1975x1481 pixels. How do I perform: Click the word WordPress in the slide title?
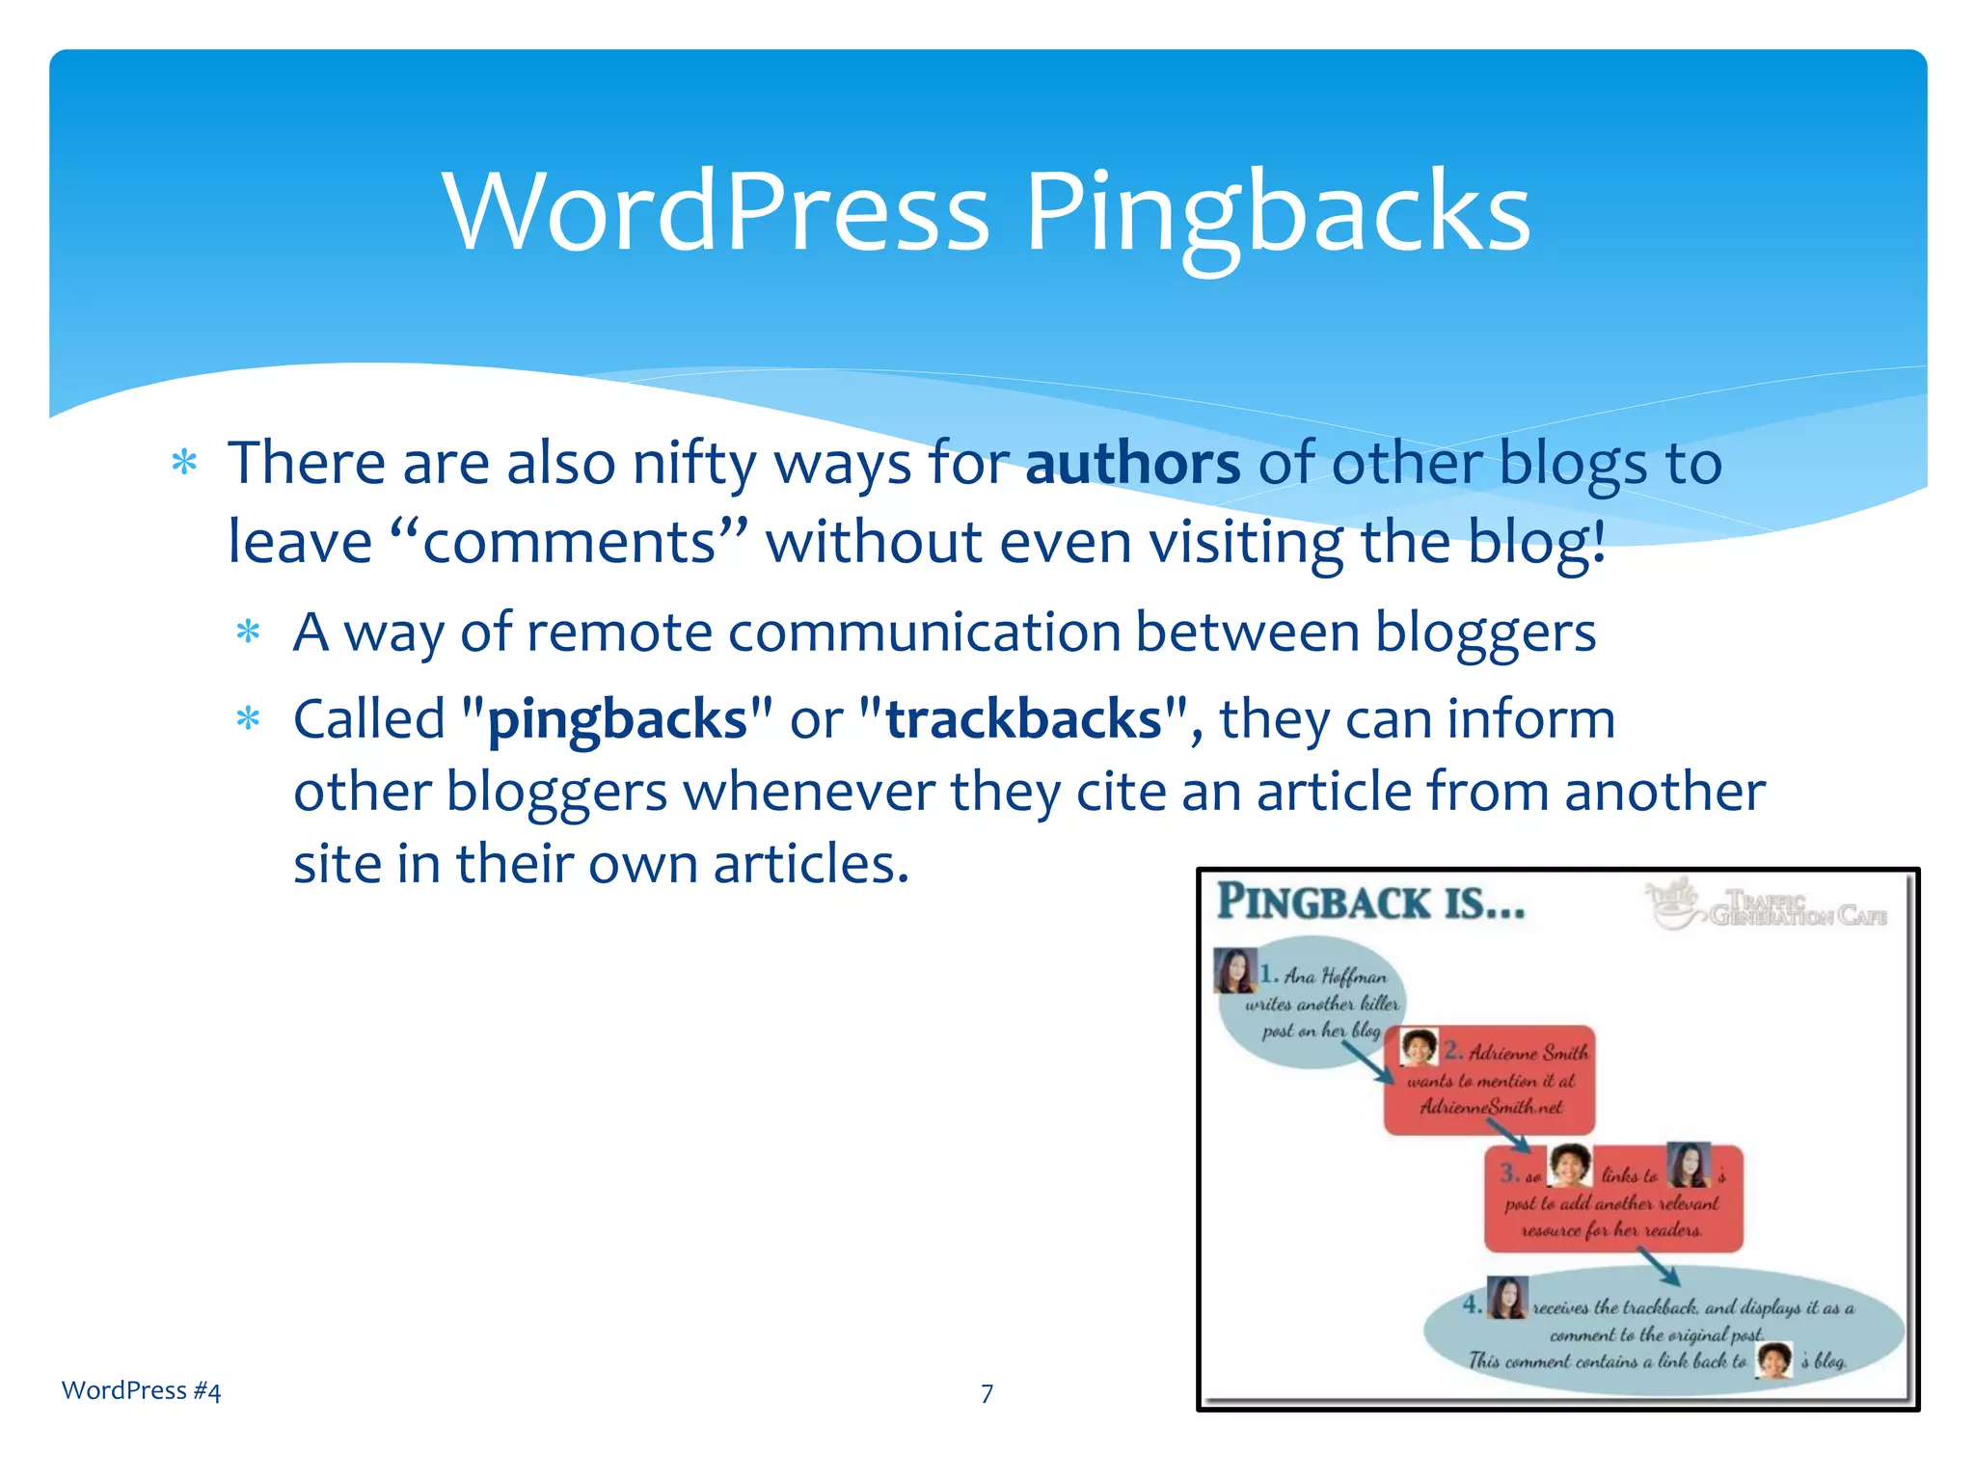(x=716, y=210)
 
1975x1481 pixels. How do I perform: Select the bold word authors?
(x=1132, y=464)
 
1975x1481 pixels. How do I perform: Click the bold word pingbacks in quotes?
(x=617, y=719)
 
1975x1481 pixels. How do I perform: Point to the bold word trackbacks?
(x=1023, y=719)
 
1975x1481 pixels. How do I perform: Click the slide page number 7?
(x=987, y=1393)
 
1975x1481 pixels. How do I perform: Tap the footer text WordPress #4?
(x=141, y=1390)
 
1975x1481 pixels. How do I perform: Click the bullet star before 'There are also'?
(x=184, y=463)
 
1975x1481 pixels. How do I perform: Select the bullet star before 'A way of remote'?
(x=249, y=633)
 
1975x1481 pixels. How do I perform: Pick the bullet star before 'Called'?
(x=249, y=719)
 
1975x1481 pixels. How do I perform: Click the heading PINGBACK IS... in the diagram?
(x=1370, y=902)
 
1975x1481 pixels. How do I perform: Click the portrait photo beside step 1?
(x=1234, y=970)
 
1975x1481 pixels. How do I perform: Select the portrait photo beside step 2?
(x=1419, y=1046)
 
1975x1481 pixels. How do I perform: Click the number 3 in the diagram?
(x=1509, y=1173)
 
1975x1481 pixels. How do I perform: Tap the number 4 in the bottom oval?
(x=1471, y=1305)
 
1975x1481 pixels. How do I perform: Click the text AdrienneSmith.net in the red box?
(x=1491, y=1107)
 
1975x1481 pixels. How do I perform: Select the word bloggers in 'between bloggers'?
(x=1485, y=633)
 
